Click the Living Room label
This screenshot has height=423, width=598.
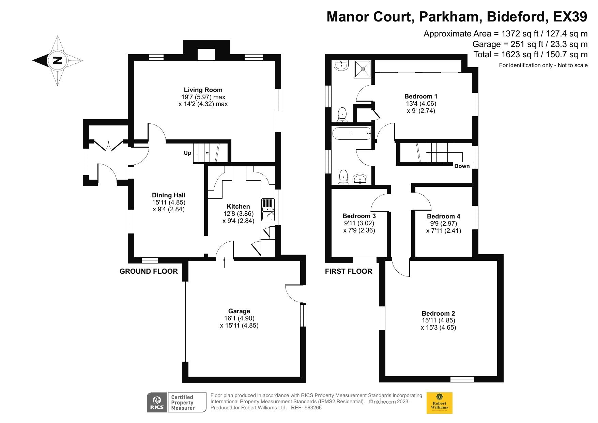click(x=203, y=90)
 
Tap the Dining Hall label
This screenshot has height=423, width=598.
click(x=169, y=195)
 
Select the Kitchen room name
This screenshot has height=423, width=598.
click(x=238, y=206)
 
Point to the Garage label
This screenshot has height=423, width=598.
click(x=239, y=311)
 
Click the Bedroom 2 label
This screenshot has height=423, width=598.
click(x=438, y=313)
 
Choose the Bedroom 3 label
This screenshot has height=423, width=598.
click(x=359, y=216)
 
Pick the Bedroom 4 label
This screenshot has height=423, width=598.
click(x=443, y=216)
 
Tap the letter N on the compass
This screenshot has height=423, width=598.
click(x=57, y=60)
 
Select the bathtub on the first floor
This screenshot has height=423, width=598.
click(x=351, y=134)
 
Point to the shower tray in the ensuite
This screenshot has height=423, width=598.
click(x=363, y=69)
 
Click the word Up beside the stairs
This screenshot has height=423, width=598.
click(x=187, y=153)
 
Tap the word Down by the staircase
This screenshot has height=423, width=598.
click(x=462, y=166)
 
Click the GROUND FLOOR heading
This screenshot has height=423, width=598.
click(x=149, y=271)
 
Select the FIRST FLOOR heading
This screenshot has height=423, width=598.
click(x=349, y=271)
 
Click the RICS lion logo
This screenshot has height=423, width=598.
click(x=157, y=403)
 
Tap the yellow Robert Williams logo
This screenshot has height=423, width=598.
click(x=440, y=403)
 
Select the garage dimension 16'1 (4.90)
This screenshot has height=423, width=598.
click(x=239, y=318)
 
